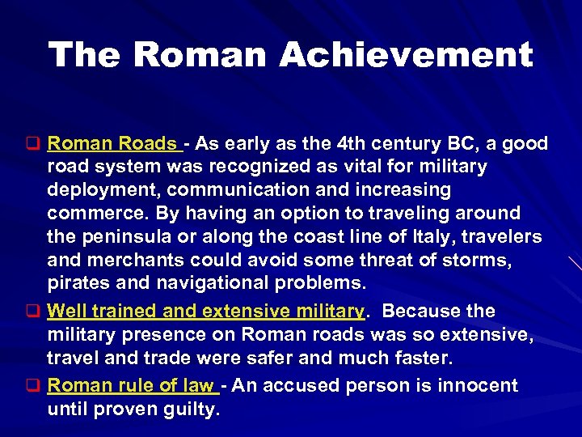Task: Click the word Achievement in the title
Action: [x=406, y=55]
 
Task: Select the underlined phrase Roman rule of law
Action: [x=130, y=385]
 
